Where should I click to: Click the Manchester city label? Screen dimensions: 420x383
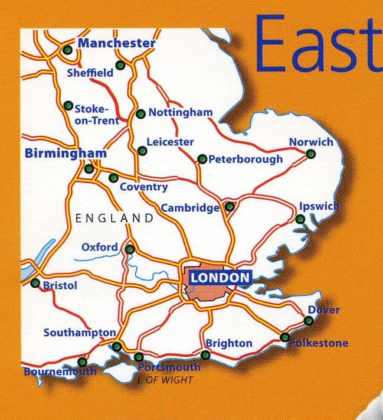116,43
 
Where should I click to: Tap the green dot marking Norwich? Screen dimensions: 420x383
311,154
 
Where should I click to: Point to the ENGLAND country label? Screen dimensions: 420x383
114,218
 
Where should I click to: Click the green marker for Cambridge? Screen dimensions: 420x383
230,207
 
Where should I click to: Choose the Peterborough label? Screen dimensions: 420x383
245,159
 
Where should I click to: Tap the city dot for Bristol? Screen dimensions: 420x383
35,282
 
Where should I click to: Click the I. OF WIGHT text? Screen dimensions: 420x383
168,380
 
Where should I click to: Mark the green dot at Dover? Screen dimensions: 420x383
308,321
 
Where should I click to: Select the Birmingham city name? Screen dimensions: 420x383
66,154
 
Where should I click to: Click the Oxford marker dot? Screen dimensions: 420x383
129,249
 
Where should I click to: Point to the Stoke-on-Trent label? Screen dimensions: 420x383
96,114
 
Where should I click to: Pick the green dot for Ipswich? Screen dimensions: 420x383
300,219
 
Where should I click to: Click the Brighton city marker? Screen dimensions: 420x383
205,355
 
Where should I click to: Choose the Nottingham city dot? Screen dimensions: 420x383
140,113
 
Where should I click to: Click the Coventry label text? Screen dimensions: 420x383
143,187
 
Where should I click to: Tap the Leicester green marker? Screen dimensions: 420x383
142,151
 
